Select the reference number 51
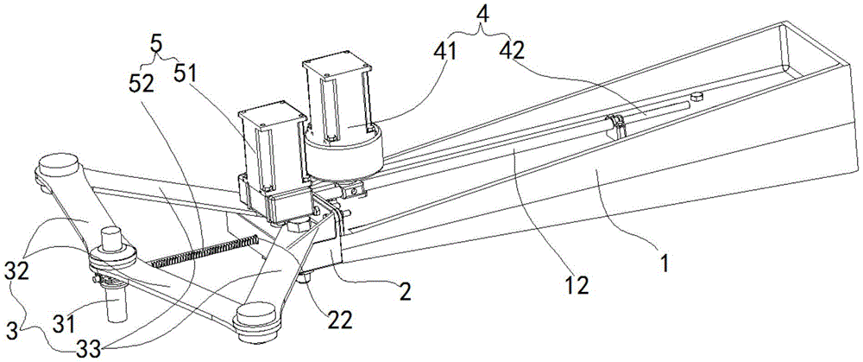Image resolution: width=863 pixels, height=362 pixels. (x=187, y=73)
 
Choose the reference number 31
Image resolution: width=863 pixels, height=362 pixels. (x=63, y=323)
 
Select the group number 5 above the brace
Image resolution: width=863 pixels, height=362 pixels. (x=156, y=44)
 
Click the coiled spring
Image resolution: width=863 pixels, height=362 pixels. (x=205, y=251)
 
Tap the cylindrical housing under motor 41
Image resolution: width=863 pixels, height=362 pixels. (x=344, y=154)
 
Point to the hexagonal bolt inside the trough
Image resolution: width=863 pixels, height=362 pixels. (x=696, y=97)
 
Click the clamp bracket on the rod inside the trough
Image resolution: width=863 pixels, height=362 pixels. (x=616, y=126)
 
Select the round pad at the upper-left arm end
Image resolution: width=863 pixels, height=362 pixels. (x=57, y=167)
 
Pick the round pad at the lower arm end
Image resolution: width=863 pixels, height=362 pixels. (x=255, y=321)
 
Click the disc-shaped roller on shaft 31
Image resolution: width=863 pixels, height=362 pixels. (x=112, y=257)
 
